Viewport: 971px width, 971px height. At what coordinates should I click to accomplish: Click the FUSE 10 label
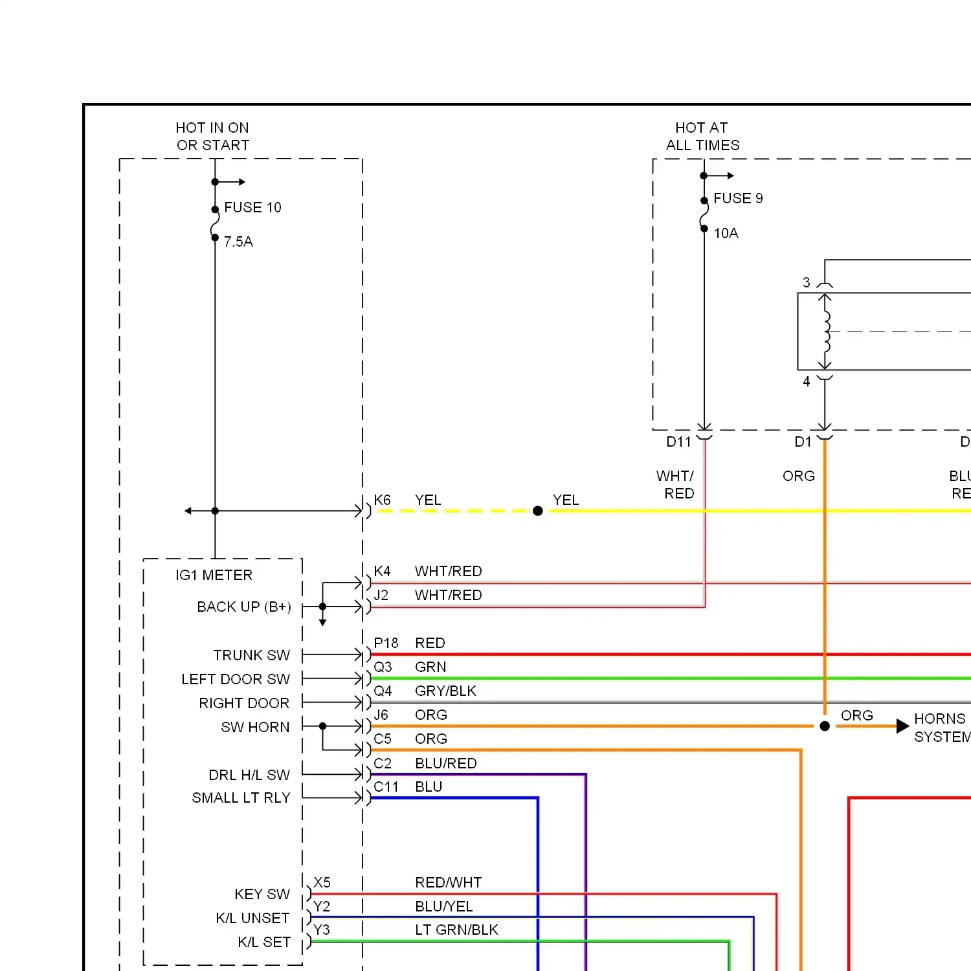tap(252, 207)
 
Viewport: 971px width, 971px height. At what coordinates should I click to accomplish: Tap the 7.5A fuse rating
tap(238, 241)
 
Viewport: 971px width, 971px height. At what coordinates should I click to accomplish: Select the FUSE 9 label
tap(738, 198)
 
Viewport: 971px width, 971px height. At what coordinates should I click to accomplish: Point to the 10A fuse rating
tap(726, 233)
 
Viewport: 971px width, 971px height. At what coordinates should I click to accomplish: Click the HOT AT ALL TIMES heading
tap(702, 136)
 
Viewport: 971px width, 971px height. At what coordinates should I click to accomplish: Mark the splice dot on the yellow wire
tap(537, 511)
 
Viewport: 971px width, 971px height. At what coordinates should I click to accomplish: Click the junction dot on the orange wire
tap(825, 726)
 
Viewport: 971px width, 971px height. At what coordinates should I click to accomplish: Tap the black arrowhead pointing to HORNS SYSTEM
tap(903, 726)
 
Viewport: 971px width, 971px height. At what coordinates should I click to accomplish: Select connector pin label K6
tap(382, 500)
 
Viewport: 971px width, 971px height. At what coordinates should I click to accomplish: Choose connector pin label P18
tap(386, 643)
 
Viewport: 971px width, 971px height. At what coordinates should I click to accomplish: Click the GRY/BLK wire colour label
tap(445, 691)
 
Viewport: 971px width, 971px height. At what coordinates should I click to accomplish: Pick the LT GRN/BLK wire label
tap(456, 930)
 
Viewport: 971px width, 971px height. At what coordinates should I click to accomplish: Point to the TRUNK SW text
tap(251, 655)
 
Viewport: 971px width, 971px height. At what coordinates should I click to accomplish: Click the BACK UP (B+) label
tap(244, 607)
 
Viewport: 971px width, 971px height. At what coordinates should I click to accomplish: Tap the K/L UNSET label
tap(252, 918)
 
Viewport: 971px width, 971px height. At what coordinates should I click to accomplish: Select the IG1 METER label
tap(214, 575)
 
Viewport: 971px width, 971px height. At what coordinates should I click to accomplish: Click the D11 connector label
tap(678, 441)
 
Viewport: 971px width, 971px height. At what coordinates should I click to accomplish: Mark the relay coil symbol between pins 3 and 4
tap(826, 331)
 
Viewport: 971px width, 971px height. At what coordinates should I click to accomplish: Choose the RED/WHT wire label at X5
tap(448, 882)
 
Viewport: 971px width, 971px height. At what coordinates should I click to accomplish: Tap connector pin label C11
tap(386, 787)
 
